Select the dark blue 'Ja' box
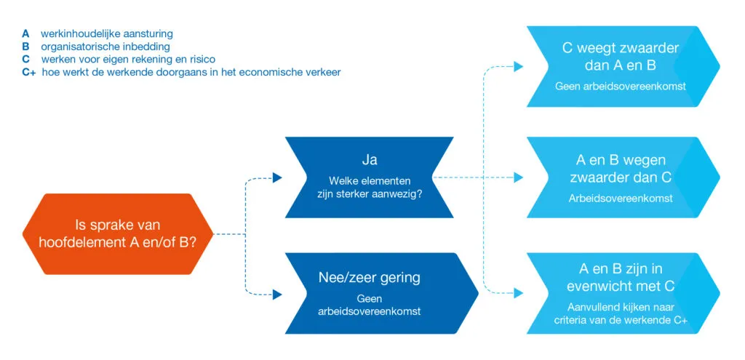pos(370,177)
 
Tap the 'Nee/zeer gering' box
pos(370,293)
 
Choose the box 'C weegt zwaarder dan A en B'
pos(621,66)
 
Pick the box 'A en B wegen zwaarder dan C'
pos(621,177)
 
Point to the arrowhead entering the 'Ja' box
pos(276,177)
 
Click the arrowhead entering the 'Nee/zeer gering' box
pos(276,295)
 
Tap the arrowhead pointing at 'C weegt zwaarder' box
pos(518,67)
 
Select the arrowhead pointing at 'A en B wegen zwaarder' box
pos(518,177)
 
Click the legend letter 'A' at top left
pos(26,33)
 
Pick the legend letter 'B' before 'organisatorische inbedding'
pos(26,47)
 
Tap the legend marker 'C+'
pos(29,72)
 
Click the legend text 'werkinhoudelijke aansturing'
pos(107,33)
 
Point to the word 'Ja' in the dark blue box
pos(370,159)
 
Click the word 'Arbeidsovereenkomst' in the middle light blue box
pos(621,198)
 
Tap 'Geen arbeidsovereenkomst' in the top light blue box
pos(621,86)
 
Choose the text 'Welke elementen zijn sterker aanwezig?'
pos(370,188)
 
